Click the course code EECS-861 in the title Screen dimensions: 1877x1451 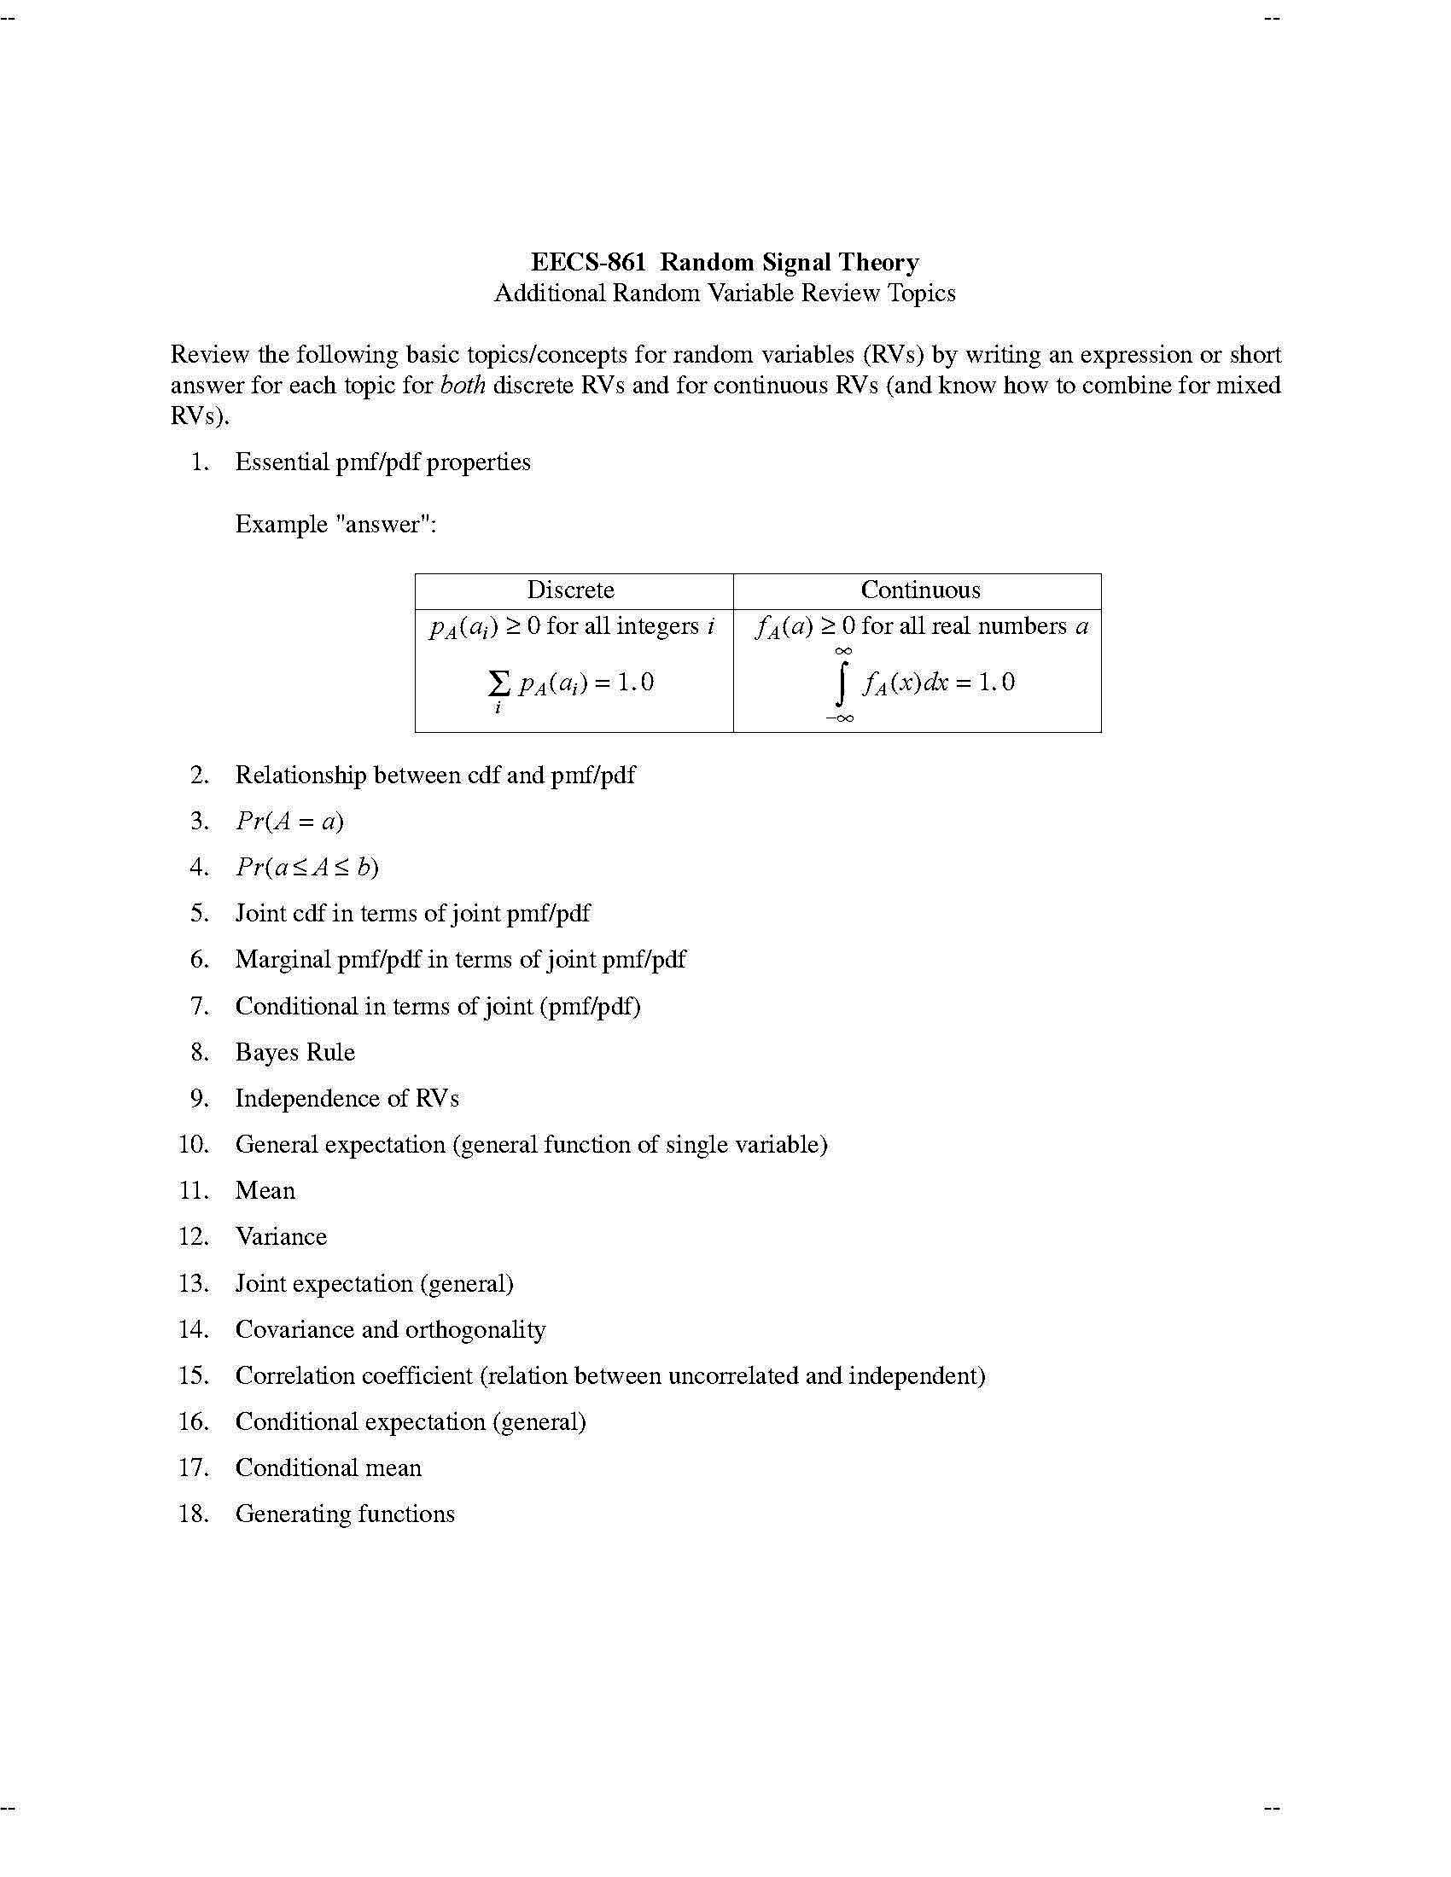tap(588, 262)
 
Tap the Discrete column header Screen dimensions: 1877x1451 tap(571, 590)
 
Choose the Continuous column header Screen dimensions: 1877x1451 tap(921, 590)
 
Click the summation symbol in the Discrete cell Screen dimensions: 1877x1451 tap(498, 683)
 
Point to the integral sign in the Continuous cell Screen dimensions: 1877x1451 tap(842, 683)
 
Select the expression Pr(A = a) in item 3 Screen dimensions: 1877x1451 tap(289, 822)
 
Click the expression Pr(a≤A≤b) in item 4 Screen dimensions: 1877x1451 tap(308, 867)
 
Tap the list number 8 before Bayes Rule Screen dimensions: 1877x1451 tap(200, 1052)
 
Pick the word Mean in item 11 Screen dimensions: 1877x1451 tap(265, 1190)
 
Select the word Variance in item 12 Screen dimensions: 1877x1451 tap(281, 1237)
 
